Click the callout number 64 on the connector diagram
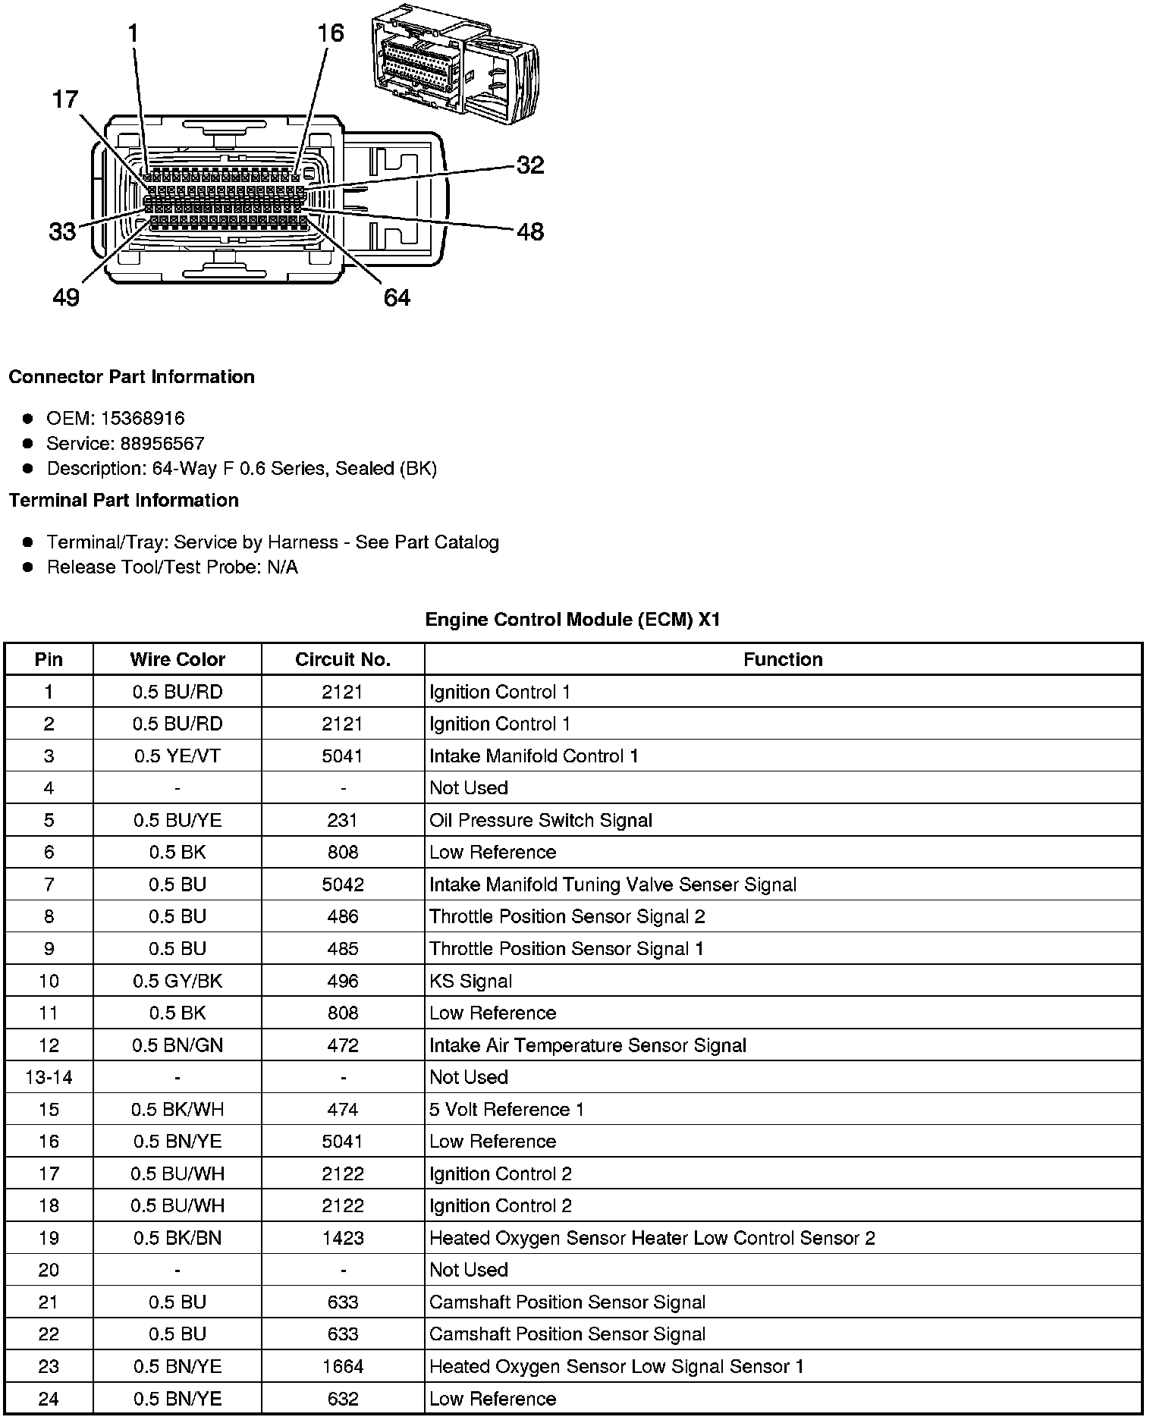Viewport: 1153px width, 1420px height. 397,297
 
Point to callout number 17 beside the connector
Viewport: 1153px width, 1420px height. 65,99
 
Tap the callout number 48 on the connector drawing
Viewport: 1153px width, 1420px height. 530,231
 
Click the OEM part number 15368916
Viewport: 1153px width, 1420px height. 143,418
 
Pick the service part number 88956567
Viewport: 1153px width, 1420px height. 162,443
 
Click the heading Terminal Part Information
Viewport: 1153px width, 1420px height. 124,500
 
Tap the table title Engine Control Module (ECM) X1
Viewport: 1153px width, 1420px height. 573,620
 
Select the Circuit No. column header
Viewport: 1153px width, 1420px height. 343,659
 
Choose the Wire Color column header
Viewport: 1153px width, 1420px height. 178,659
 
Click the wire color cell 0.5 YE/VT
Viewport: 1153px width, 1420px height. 178,756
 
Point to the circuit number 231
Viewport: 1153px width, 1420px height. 343,820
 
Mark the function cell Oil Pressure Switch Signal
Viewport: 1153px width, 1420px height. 541,820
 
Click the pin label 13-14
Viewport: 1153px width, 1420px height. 49,1077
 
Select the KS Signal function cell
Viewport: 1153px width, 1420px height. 470,981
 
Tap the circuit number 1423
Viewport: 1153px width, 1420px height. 343,1238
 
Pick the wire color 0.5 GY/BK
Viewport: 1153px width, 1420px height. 178,981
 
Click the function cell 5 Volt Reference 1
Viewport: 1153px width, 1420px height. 507,1109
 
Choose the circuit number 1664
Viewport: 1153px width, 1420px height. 343,1366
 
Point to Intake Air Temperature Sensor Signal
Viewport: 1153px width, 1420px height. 588,1045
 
